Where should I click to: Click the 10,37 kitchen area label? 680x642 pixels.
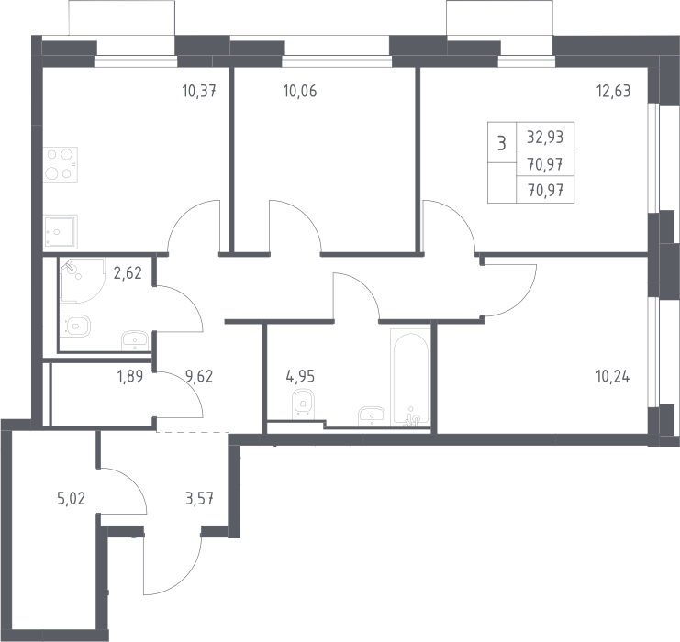[199, 91]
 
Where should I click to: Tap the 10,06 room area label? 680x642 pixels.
[300, 91]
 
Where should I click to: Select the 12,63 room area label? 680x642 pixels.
[614, 91]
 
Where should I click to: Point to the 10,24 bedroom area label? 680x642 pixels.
[613, 376]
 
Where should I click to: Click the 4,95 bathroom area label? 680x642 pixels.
[300, 376]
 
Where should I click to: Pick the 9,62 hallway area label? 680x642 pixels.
[199, 376]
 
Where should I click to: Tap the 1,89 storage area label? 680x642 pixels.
[130, 376]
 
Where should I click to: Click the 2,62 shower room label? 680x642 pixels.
[128, 273]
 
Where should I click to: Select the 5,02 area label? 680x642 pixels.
[72, 499]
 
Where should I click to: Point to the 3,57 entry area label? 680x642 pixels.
[199, 499]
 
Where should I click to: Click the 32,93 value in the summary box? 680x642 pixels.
[545, 137]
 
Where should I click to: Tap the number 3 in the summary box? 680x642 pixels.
[502, 143]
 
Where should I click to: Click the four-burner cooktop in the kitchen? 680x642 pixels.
[61, 164]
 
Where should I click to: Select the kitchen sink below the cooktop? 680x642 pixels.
[61, 231]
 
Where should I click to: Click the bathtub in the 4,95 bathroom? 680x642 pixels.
[410, 377]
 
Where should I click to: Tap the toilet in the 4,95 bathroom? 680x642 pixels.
[304, 404]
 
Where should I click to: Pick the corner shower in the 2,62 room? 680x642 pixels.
[83, 281]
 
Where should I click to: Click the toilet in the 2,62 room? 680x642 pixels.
[77, 326]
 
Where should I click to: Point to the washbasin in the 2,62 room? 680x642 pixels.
[136, 340]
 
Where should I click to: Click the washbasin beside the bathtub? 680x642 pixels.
[372, 416]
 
